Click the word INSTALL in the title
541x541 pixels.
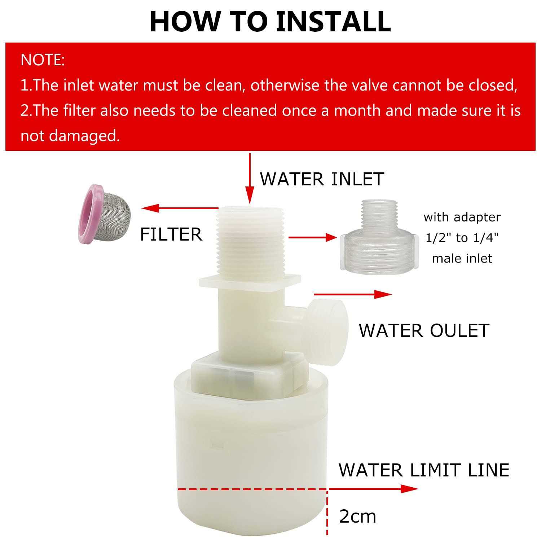click(333, 22)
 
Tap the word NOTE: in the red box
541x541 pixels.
click(43, 60)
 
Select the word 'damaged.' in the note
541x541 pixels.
click(84, 136)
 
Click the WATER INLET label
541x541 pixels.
click(322, 179)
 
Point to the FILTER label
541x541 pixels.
click(171, 234)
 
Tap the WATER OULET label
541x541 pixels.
click(424, 331)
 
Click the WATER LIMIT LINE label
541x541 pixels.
click(424, 470)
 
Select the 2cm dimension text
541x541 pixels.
click(357, 516)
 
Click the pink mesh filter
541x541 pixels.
click(104, 213)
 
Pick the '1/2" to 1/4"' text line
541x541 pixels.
click(462, 238)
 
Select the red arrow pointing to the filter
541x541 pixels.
click(180, 208)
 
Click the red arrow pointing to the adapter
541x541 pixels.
click(312, 237)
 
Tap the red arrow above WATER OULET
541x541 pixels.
click(353, 294)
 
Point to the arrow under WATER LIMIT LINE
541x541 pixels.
click(373, 489)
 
